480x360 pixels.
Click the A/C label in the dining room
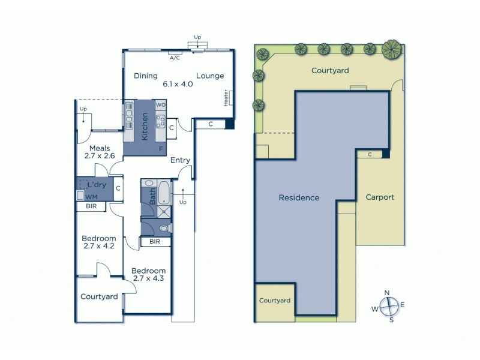(175, 58)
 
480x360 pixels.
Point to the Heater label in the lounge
(226, 98)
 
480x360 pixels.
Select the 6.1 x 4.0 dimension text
(178, 85)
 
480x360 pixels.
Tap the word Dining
(146, 76)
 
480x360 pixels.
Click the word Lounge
(210, 76)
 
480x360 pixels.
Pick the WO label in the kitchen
(160, 105)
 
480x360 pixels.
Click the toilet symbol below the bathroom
(163, 228)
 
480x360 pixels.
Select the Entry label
(180, 160)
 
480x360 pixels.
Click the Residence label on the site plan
(299, 198)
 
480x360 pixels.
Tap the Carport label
(380, 197)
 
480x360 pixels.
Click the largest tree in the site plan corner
(392, 47)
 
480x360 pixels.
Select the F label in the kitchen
(161, 148)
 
